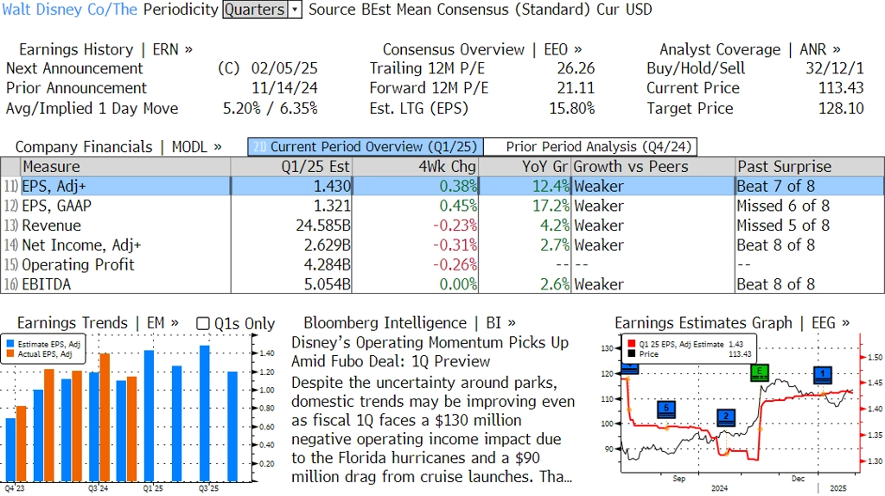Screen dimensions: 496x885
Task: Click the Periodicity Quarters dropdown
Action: point(262,10)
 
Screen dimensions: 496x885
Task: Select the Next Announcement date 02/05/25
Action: point(284,68)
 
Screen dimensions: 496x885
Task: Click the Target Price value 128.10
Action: point(841,108)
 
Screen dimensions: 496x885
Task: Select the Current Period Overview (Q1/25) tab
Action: point(365,147)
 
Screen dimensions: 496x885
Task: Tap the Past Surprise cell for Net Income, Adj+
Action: point(775,245)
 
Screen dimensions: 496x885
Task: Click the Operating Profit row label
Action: point(78,265)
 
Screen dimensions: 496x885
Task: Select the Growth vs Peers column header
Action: point(631,167)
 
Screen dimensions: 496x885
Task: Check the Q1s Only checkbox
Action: point(203,324)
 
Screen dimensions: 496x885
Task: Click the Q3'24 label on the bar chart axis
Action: point(98,488)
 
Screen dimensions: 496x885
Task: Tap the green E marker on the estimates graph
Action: point(760,372)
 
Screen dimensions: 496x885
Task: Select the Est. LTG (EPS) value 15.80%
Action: point(571,108)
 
